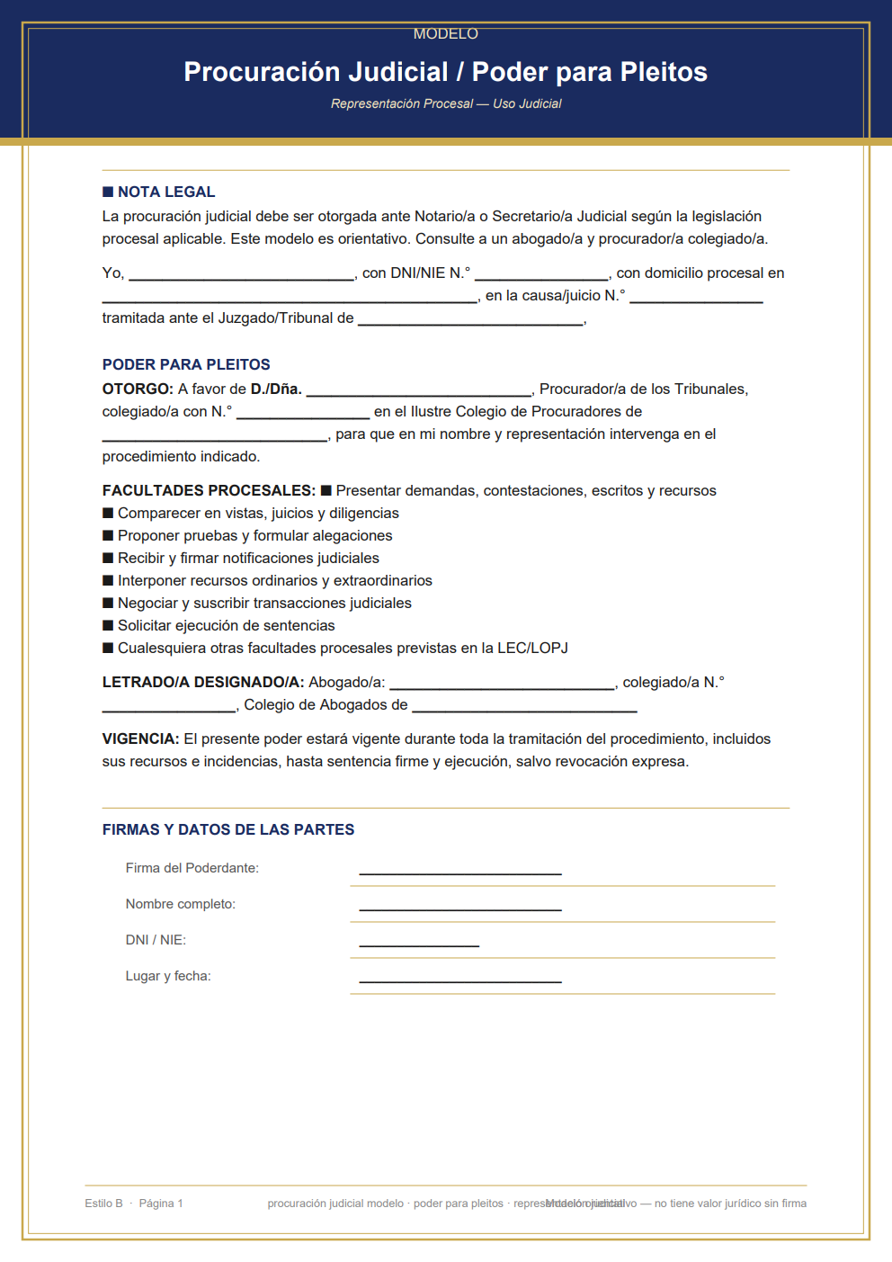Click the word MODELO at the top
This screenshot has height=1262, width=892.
coord(445,34)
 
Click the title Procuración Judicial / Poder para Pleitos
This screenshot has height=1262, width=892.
coord(445,72)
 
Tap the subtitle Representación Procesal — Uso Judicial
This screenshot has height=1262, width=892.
coord(445,104)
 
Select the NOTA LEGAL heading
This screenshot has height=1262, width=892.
coord(165,192)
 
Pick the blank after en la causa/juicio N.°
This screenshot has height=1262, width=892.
coord(696,298)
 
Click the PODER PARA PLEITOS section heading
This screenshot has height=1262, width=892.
coord(186,364)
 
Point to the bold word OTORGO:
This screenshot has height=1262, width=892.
coord(138,389)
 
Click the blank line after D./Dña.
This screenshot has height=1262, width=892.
coord(418,391)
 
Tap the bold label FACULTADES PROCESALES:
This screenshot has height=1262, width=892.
coord(209,490)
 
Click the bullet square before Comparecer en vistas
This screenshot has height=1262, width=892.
coord(108,513)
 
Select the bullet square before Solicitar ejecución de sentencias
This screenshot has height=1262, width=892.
coord(108,625)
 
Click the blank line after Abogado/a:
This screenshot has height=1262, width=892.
coord(502,685)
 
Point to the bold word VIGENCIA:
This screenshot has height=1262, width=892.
coord(140,738)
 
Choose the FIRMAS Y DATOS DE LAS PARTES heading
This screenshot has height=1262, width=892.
coord(228,829)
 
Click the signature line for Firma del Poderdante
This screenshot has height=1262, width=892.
coord(460,871)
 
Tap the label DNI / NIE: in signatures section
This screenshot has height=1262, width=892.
coord(156,940)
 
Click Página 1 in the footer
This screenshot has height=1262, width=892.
coord(161,1204)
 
